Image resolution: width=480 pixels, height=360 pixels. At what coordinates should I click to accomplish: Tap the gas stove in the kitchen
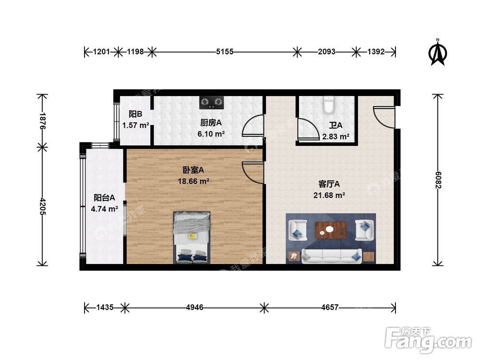click(212, 102)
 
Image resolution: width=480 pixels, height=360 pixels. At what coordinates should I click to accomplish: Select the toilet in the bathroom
click(329, 104)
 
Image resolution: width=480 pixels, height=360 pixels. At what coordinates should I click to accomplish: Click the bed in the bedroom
click(192, 237)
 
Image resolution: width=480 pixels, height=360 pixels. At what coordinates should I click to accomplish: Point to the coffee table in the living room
click(331, 230)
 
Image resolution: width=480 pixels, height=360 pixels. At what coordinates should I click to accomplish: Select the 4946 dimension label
click(193, 307)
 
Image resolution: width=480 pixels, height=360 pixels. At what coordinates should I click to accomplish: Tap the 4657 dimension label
click(329, 307)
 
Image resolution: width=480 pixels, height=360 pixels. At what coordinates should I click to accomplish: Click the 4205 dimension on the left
click(43, 206)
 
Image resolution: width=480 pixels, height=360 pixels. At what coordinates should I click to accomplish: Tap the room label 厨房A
click(211, 122)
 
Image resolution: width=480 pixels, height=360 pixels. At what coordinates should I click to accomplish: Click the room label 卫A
click(336, 125)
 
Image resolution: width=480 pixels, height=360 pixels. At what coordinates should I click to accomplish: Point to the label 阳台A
click(104, 197)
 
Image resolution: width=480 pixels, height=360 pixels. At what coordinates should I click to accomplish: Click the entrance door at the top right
click(384, 117)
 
